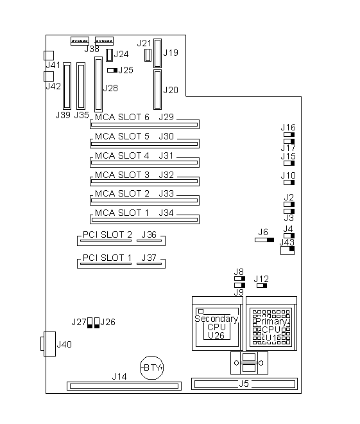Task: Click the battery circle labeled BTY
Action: pyautogui.click(x=152, y=367)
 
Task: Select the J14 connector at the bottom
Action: pyautogui.click(x=124, y=386)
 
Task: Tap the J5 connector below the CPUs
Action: pyautogui.click(x=244, y=384)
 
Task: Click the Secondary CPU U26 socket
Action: pyautogui.click(x=218, y=323)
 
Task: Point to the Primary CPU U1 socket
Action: pyautogui.click(x=271, y=323)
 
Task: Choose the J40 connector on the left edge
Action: pyautogui.click(x=48, y=344)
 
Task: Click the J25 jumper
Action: pyautogui.click(x=112, y=70)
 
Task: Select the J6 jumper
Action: pyautogui.click(x=264, y=240)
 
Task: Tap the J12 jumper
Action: pyautogui.click(x=262, y=285)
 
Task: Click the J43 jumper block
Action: pyautogui.click(x=287, y=251)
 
